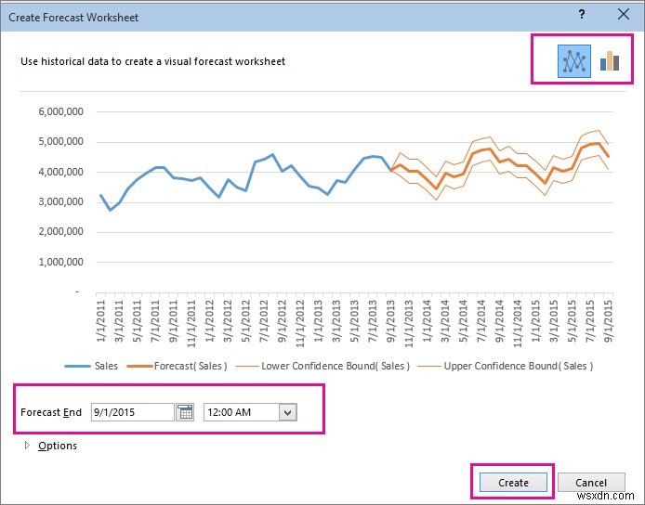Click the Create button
513,483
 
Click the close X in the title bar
623,14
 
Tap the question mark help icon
582,14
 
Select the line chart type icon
573,61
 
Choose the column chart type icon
610,61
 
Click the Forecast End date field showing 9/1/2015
132,412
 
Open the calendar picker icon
186,412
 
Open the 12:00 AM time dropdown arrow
287,412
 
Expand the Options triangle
26,446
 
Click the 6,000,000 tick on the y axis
61,112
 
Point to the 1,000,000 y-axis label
61,262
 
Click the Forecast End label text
51,412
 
